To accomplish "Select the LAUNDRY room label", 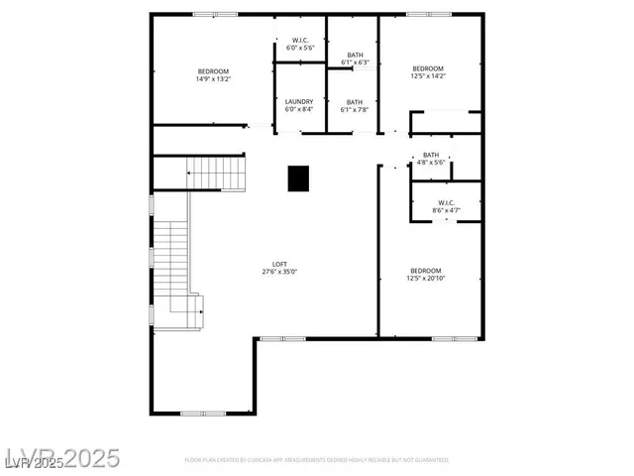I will [299, 101].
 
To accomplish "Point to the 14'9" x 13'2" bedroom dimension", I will [213, 79].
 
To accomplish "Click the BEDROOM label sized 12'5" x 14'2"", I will [428, 68].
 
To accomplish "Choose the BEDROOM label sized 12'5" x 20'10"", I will [425, 271].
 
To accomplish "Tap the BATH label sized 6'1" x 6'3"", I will [355, 55].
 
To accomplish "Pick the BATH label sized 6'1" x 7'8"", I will [355, 101].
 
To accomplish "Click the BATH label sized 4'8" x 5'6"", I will [431, 155].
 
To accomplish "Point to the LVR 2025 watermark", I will [60, 458].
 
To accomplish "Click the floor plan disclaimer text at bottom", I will [317, 460].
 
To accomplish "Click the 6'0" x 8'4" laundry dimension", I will [299, 109].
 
